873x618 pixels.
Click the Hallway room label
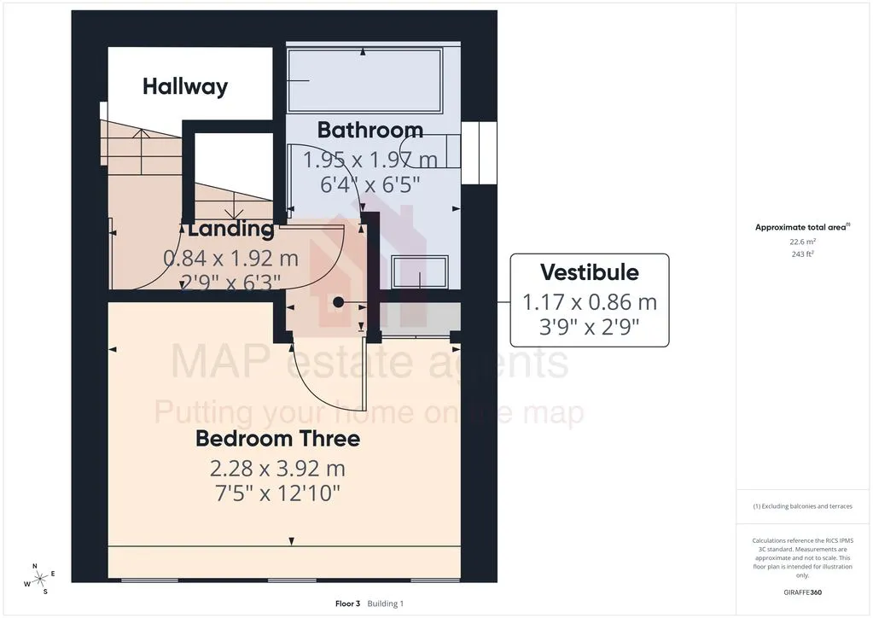point(185,87)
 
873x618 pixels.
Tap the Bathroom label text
point(370,130)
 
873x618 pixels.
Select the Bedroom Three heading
point(278,439)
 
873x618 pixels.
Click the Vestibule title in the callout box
point(590,272)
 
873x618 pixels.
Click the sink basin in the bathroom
point(420,271)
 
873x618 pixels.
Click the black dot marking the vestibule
point(339,302)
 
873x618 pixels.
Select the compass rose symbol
point(39,580)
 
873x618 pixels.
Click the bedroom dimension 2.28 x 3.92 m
point(278,469)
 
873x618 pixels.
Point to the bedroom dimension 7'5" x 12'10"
point(278,493)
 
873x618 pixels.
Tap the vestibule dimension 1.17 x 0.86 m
point(590,302)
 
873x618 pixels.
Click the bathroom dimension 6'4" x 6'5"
point(370,184)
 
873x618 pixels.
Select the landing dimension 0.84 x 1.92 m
point(231,259)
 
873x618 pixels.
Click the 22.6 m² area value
point(802,242)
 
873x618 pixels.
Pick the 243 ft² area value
point(802,254)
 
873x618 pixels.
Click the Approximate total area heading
point(802,226)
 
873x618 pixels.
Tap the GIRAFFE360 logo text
point(802,592)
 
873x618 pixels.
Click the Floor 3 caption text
point(347,603)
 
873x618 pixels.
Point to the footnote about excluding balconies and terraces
point(802,506)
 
